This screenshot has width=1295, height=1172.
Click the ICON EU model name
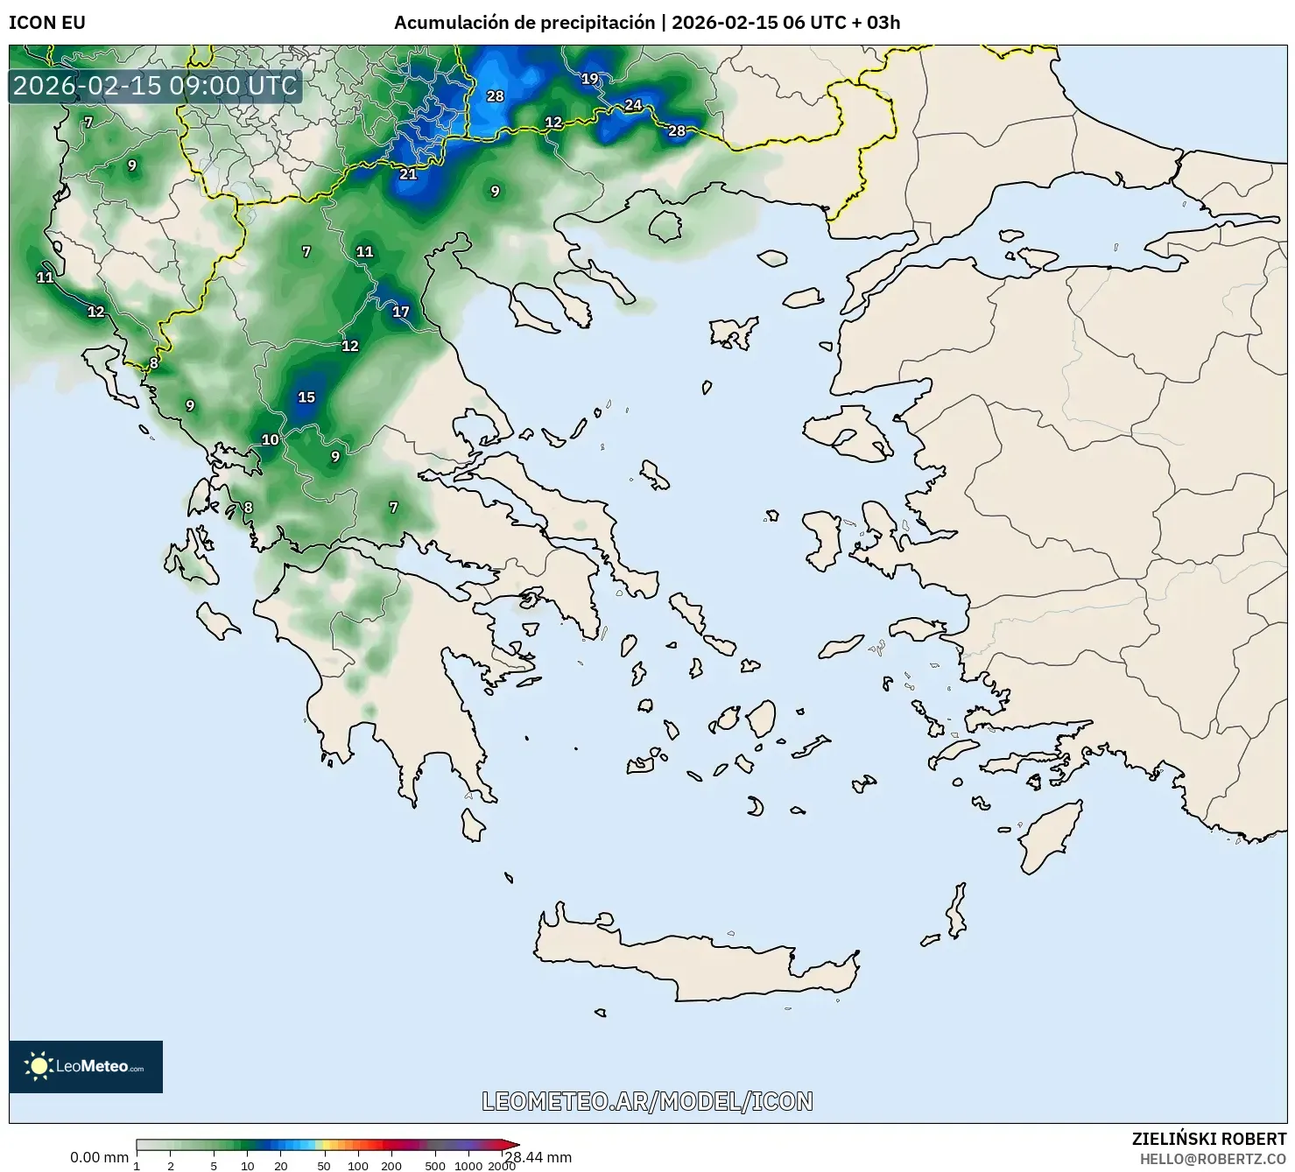47,23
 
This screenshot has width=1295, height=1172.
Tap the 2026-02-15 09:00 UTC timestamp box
155,86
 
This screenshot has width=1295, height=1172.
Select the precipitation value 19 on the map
589,79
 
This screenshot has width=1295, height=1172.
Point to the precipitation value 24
633,105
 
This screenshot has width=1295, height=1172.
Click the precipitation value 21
408,174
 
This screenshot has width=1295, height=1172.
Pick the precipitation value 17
400,312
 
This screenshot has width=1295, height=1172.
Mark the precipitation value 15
306,397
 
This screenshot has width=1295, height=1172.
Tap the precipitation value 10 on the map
271,440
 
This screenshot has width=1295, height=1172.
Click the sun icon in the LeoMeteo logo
39,1065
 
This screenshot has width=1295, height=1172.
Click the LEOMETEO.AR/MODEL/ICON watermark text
647,1101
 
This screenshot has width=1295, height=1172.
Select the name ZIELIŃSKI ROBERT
1209,1139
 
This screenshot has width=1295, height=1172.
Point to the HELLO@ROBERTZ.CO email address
1213,1159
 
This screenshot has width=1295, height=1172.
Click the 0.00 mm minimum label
99,1157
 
